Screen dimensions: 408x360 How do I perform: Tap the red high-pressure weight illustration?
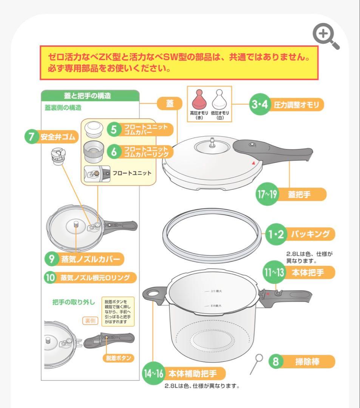click(x=199, y=100)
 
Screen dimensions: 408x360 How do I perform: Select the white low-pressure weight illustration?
click(x=219, y=100)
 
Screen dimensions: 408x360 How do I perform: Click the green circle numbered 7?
click(x=32, y=136)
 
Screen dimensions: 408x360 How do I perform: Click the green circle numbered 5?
click(x=114, y=130)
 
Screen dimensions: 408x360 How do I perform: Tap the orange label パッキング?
click(x=312, y=234)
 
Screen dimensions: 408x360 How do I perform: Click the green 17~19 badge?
click(x=267, y=195)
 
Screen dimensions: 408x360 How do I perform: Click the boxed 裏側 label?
click(x=90, y=321)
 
